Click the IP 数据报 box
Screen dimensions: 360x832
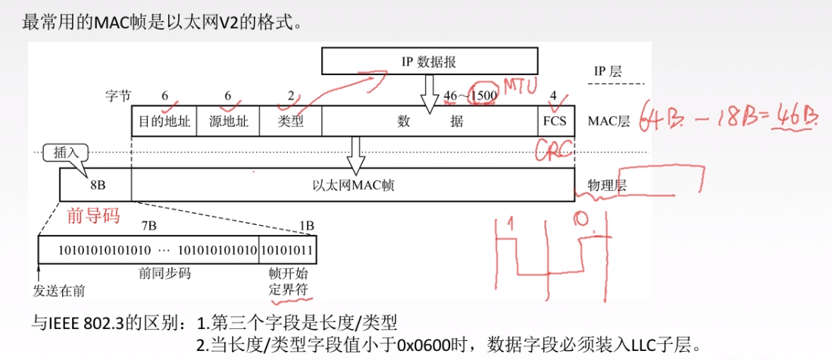click(x=428, y=61)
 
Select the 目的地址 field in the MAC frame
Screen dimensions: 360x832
click(x=164, y=121)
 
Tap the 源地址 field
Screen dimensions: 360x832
click(x=228, y=121)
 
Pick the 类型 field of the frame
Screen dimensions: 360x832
click(x=290, y=121)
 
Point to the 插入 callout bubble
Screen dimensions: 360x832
click(x=66, y=153)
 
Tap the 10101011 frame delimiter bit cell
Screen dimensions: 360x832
click(x=288, y=249)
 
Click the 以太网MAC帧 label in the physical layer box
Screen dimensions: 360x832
click(x=352, y=184)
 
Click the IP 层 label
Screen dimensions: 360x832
click(x=607, y=72)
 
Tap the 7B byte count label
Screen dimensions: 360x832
click(x=149, y=225)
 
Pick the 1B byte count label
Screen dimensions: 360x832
click(x=307, y=225)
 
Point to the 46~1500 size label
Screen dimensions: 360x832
click(x=470, y=96)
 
